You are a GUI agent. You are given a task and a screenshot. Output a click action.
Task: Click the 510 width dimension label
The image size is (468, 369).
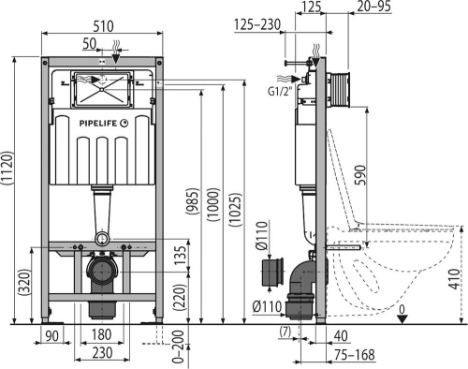coord(103,26)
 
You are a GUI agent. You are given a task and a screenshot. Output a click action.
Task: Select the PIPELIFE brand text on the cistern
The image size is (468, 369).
coord(98,124)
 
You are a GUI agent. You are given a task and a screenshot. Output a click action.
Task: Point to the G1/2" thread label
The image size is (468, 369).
coord(281,92)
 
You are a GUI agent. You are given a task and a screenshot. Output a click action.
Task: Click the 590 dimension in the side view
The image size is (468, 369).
coord(360,175)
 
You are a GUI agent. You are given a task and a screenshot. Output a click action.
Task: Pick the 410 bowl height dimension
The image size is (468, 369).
coord(454,279)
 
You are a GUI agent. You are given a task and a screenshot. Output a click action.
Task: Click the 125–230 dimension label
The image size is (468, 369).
coord(257,24)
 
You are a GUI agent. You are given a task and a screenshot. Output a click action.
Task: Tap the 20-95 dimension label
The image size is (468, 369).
coord(373,7)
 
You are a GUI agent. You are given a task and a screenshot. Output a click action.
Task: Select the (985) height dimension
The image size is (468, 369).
coord(193,201)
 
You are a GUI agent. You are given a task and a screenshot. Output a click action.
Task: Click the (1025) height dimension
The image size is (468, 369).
coord(235,210)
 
